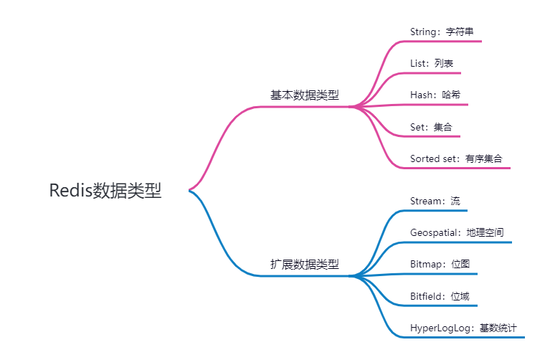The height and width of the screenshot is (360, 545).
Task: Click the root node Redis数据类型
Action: coord(105,190)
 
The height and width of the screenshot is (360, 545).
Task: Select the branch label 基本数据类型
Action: coord(304,95)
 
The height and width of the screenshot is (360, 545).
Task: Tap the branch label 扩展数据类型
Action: coord(304,265)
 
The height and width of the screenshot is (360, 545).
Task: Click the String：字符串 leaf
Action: coord(441,32)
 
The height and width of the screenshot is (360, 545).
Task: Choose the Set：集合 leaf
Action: coord(431,127)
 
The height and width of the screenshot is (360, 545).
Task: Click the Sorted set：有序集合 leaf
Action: coord(455,158)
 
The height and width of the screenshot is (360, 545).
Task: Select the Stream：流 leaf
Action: coord(435,201)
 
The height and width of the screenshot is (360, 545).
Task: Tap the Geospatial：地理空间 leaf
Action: coord(456,232)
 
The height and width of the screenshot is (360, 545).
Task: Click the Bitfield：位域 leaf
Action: coord(440,295)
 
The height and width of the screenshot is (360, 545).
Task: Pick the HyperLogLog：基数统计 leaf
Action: coord(463,328)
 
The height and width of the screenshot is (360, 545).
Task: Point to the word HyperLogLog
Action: coord(440,328)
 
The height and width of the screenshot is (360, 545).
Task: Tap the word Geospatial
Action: coord(434,232)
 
